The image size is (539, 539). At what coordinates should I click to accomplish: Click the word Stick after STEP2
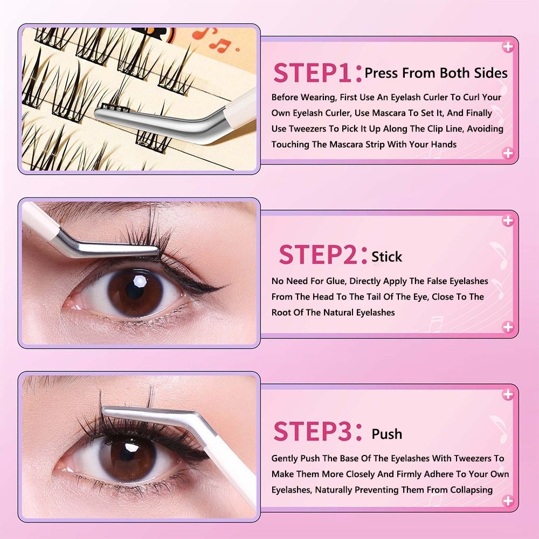click(x=386, y=257)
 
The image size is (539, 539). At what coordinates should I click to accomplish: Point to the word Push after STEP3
click(x=386, y=434)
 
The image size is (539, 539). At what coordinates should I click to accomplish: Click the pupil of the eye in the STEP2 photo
click(x=135, y=291)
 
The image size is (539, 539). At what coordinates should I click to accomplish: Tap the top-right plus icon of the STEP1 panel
click(x=508, y=46)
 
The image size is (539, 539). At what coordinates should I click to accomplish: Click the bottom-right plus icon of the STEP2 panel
click(x=508, y=327)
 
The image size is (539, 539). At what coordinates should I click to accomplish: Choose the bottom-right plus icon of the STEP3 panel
click(x=508, y=501)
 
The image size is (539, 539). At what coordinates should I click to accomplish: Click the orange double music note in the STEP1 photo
click(x=219, y=45)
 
